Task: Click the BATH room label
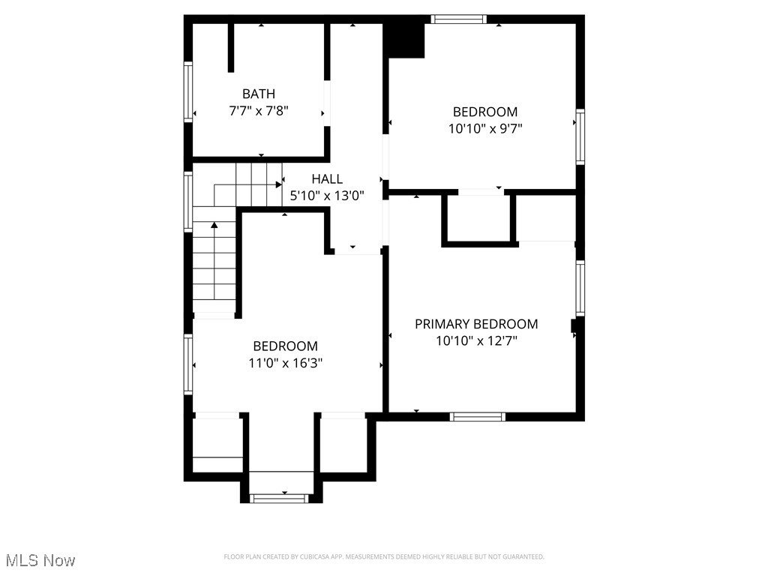[258, 94]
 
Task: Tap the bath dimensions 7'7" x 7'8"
[258, 110]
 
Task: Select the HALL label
[327, 178]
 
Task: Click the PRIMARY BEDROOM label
[476, 324]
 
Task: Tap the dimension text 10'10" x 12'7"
[476, 340]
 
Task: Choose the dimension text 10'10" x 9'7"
[484, 128]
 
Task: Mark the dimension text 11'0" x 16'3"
[286, 363]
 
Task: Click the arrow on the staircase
[214, 225]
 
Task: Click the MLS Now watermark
[40, 560]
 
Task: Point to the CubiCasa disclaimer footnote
[383, 556]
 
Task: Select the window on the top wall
[459, 19]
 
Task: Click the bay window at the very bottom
[278, 497]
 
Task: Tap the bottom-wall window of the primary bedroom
[478, 417]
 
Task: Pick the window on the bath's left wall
[188, 91]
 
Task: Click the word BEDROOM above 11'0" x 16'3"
[285, 346]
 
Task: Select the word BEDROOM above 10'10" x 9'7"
[484, 112]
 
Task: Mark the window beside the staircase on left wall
[188, 200]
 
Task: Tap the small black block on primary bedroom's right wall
[575, 325]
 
